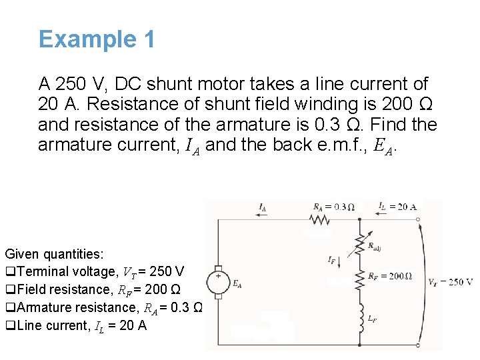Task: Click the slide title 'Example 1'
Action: click(x=97, y=39)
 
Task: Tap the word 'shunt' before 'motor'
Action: click(x=169, y=85)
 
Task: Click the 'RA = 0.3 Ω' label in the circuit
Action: click(x=333, y=206)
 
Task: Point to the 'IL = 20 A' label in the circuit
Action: click(x=397, y=206)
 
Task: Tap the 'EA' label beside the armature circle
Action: click(x=237, y=283)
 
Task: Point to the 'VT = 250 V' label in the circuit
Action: click(x=451, y=282)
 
